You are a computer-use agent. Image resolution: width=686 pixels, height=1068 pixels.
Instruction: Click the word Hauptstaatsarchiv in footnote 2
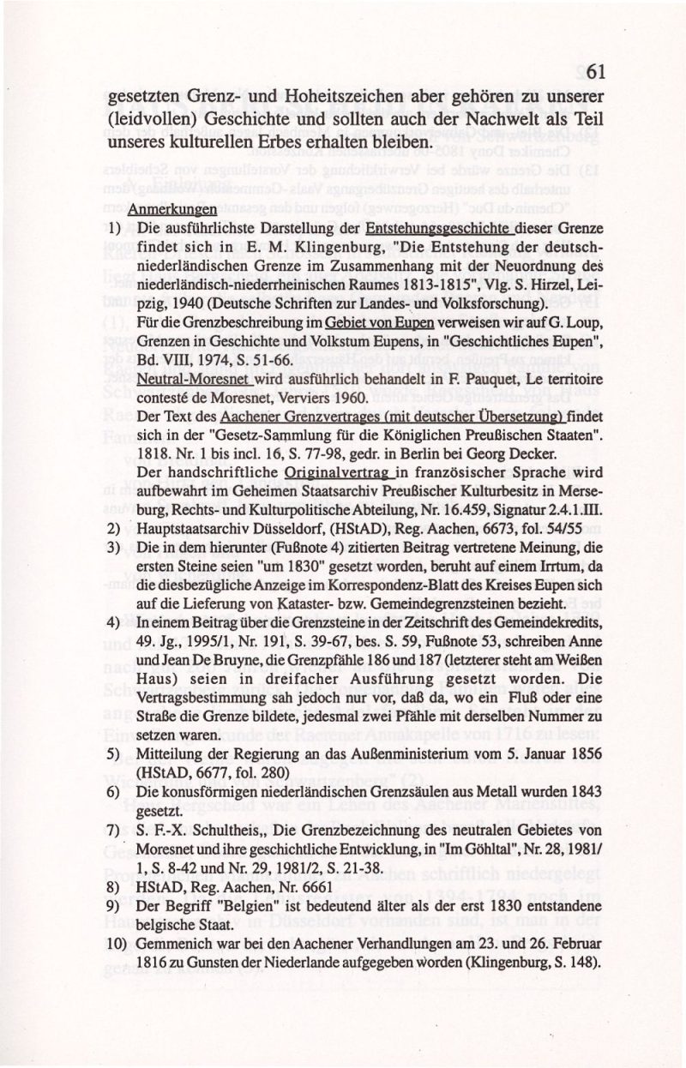(x=189, y=529)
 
